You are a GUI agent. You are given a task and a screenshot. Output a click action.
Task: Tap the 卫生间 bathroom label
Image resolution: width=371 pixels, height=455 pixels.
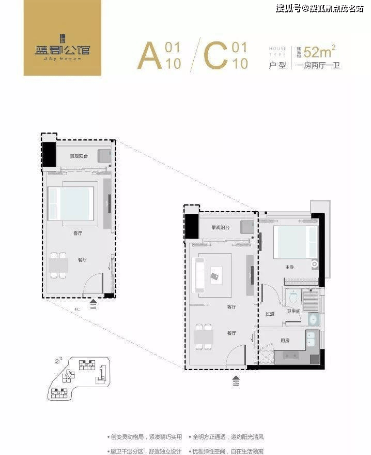(293, 311)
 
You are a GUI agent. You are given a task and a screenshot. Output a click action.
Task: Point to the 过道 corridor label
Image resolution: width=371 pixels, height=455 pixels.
(270, 314)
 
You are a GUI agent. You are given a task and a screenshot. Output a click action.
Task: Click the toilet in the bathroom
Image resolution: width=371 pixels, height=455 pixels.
(292, 298)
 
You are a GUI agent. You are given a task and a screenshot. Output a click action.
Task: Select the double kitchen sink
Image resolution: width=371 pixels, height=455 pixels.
(312, 340)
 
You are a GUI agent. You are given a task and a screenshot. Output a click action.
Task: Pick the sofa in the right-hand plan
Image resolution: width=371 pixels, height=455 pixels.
(198, 274)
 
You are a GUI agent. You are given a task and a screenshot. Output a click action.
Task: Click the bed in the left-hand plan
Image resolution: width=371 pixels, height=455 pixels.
(71, 203)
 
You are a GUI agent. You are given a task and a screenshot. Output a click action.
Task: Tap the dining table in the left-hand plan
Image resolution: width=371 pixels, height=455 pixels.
(58, 264)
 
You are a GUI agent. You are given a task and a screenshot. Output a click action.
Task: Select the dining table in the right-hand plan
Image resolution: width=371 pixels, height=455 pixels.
(203, 336)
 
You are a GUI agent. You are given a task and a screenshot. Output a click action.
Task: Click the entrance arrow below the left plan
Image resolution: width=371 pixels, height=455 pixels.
(93, 303)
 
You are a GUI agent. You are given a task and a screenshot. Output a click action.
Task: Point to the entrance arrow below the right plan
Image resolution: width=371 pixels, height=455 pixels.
(236, 380)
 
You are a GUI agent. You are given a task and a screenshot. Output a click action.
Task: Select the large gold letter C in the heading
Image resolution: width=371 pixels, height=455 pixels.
(215, 56)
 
